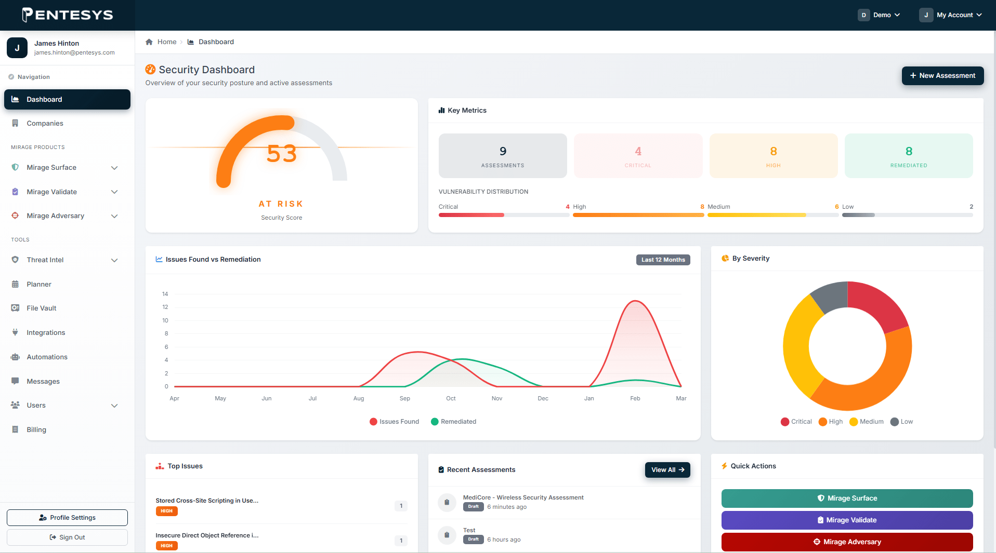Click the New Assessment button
942,76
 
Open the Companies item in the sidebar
45,124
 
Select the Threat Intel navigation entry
45,260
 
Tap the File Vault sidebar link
42,308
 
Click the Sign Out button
67,537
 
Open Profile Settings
67,518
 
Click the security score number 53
281,154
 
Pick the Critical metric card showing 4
638,156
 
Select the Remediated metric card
909,156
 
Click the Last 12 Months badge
663,260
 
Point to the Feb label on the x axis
635,399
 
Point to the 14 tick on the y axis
165,294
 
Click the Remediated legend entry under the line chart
453,422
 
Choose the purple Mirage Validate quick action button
847,520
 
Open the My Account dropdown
951,15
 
